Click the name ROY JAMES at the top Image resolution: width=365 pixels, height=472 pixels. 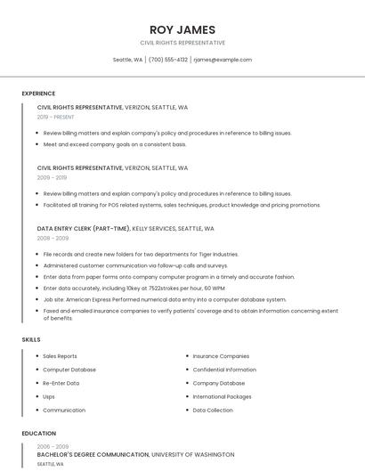tap(182, 29)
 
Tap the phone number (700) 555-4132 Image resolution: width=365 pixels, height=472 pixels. tap(168, 60)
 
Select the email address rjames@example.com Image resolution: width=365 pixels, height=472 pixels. tap(223, 60)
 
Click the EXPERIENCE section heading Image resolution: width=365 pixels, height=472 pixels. tap(38, 94)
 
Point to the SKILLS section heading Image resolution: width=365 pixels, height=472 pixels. tap(31, 339)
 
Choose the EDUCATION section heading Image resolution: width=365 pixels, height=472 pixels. tap(38, 434)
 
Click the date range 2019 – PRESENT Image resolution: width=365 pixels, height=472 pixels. tap(56, 117)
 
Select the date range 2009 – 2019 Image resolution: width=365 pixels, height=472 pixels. tap(52, 177)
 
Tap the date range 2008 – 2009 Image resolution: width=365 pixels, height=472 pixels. tap(53, 238)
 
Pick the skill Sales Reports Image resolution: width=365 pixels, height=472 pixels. tap(60, 356)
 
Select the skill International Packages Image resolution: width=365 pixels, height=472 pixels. tap(222, 396)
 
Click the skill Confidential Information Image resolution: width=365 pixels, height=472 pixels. tap(224, 370)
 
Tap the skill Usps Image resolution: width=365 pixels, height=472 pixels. tap(49, 396)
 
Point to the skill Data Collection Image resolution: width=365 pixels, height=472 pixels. tap(213, 411)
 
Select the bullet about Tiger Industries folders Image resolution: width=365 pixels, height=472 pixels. tap(141, 254)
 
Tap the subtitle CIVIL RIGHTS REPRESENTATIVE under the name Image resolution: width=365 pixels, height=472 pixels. tap(182, 43)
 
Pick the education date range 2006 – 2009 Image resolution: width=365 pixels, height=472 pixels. tap(53, 446)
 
